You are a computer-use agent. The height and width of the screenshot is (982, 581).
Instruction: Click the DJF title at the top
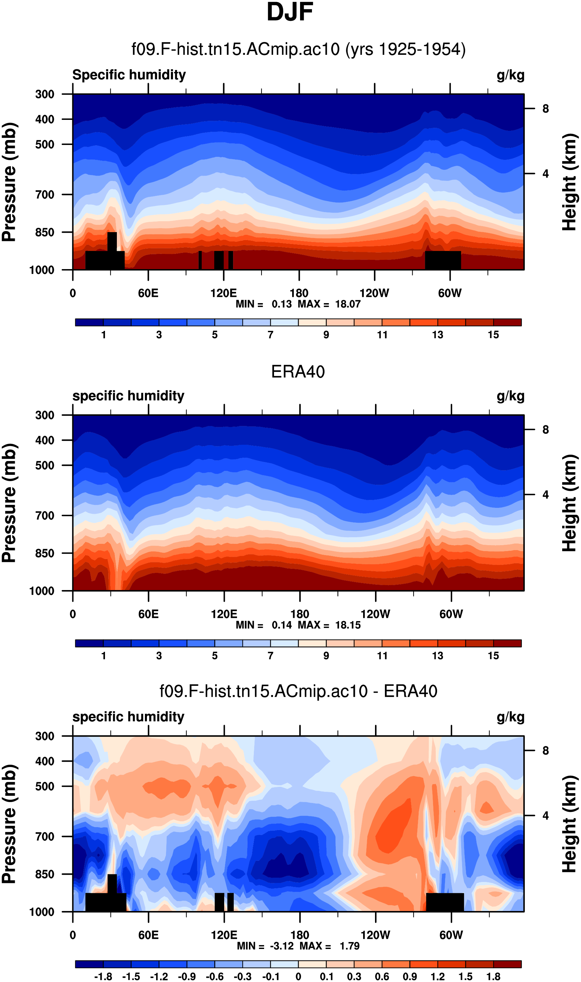click(290, 12)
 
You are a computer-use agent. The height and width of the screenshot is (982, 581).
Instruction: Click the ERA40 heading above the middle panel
click(298, 371)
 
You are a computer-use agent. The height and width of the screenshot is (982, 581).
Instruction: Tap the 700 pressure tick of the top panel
click(45, 194)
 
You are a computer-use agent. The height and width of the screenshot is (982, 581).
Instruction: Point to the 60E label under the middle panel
click(148, 614)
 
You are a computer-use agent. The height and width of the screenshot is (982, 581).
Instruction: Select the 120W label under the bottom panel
click(375, 935)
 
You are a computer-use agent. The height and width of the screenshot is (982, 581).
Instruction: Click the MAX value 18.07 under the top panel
click(348, 304)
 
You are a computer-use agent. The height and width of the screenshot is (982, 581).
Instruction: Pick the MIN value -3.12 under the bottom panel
click(282, 946)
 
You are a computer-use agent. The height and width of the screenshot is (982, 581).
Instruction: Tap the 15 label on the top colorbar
click(493, 335)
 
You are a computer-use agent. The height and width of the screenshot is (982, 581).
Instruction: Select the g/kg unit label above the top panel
click(511, 75)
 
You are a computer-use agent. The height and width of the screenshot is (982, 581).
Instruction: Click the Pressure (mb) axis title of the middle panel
click(9, 503)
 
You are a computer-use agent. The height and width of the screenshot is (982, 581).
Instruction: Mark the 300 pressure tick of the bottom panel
click(45, 736)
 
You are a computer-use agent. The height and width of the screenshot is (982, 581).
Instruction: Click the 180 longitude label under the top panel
click(299, 293)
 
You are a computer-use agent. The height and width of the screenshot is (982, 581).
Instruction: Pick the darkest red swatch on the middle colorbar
click(507, 643)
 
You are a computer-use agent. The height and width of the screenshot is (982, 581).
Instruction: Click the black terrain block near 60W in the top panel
click(443, 261)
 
